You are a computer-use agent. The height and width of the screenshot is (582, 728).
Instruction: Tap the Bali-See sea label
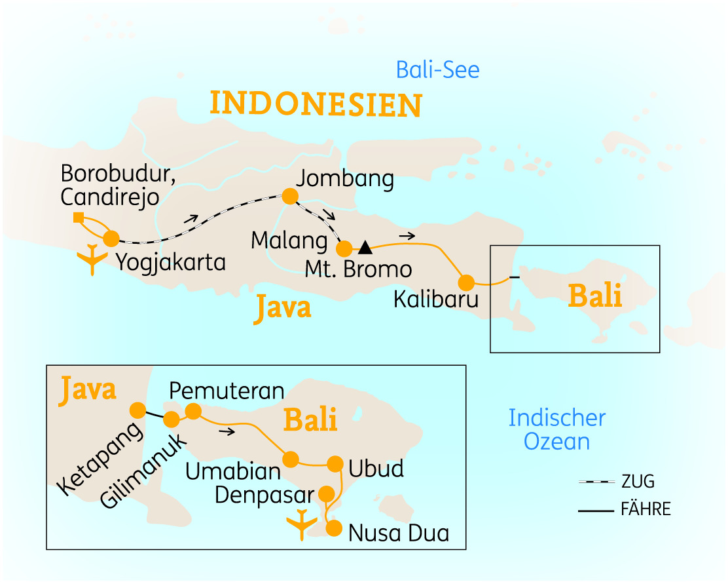(438, 70)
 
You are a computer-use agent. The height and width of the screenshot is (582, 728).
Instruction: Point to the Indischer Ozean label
(557, 429)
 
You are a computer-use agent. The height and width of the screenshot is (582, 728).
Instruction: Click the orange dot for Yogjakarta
(111, 239)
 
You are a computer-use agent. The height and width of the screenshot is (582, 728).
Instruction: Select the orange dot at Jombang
(289, 196)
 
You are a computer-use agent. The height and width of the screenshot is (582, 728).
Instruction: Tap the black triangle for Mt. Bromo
(365, 248)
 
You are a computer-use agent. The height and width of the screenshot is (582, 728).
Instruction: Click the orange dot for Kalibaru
(466, 282)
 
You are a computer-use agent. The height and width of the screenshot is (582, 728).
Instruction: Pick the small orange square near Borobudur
(78, 217)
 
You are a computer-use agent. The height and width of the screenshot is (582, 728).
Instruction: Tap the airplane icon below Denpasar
(301, 524)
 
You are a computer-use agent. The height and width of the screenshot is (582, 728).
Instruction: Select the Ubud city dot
(335, 464)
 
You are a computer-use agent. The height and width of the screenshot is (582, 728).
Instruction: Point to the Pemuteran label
(227, 391)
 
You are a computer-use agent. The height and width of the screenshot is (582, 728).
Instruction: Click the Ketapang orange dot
(138, 410)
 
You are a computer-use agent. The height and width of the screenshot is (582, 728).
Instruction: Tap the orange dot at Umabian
(290, 458)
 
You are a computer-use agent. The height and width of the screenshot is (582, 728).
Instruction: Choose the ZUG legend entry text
(638, 482)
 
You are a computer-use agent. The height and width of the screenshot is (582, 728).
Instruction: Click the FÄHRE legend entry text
(646, 509)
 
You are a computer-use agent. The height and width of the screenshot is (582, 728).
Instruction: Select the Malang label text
(289, 241)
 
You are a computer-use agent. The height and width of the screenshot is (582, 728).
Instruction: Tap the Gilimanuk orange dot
(172, 419)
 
